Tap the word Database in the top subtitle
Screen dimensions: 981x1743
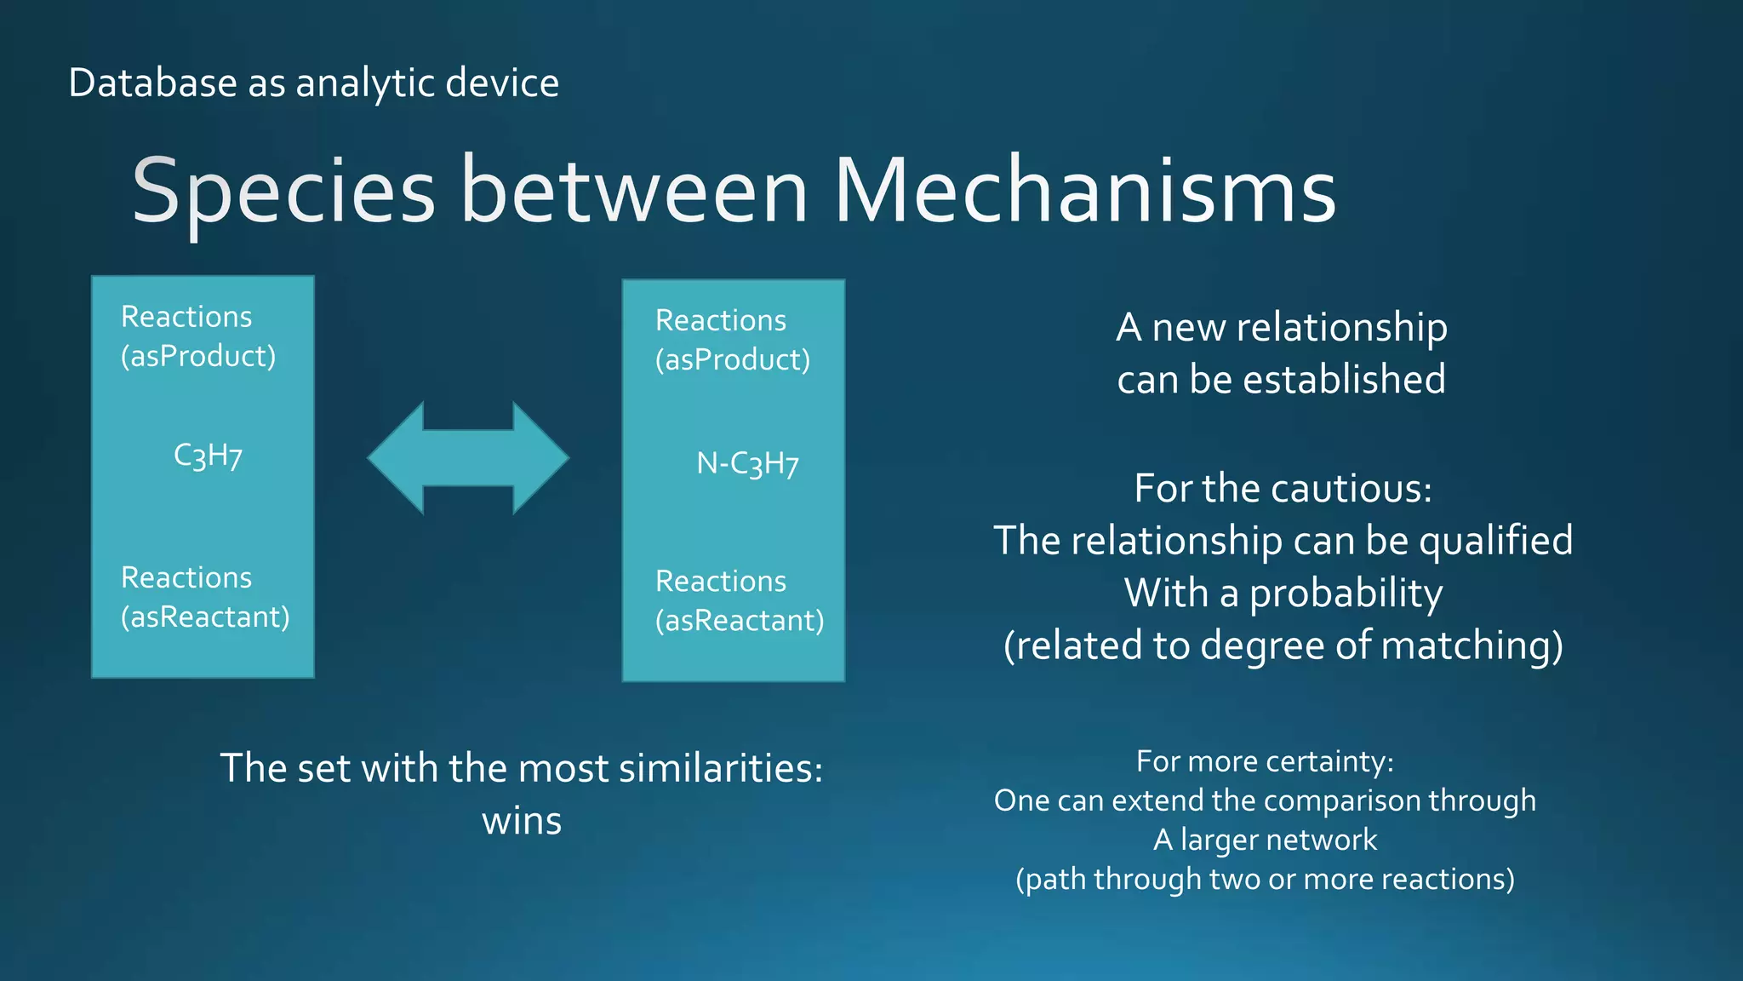(x=152, y=83)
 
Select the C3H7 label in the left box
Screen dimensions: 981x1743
(x=208, y=456)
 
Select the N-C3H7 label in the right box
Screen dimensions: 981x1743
(x=747, y=464)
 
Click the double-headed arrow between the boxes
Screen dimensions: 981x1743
(x=468, y=458)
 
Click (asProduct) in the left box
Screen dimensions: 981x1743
(x=198, y=356)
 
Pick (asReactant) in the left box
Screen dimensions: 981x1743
(x=205, y=617)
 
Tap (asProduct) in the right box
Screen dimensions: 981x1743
(x=733, y=359)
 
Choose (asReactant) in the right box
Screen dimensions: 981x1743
(x=740, y=620)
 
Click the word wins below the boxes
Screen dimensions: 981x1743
(x=522, y=821)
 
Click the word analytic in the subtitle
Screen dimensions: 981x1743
(x=365, y=83)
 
